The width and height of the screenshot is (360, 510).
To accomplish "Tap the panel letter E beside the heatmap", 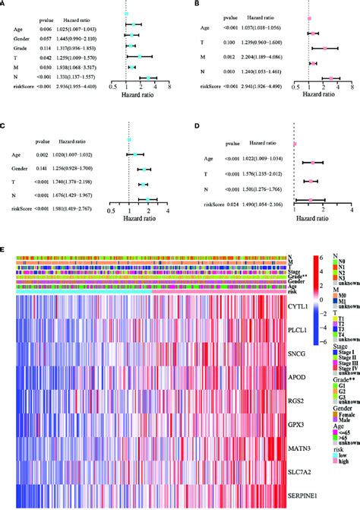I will [x=5, y=248].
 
